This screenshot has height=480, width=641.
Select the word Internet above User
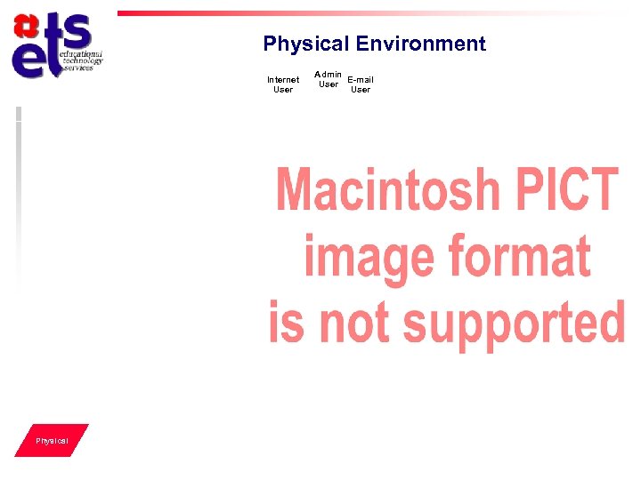coord(283,80)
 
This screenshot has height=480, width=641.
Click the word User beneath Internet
coord(283,90)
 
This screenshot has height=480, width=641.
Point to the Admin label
coord(329,74)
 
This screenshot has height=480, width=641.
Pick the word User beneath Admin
coord(329,84)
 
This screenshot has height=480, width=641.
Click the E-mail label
coord(361,80)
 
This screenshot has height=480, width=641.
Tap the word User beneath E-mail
coord(361,90)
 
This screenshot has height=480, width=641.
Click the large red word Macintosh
coord(389,188)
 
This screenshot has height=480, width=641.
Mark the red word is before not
coord(287,321)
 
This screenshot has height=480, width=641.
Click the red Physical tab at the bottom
coord(52,441)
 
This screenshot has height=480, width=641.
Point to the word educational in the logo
coord(81,55)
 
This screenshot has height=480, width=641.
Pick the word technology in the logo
coord(83,61)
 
